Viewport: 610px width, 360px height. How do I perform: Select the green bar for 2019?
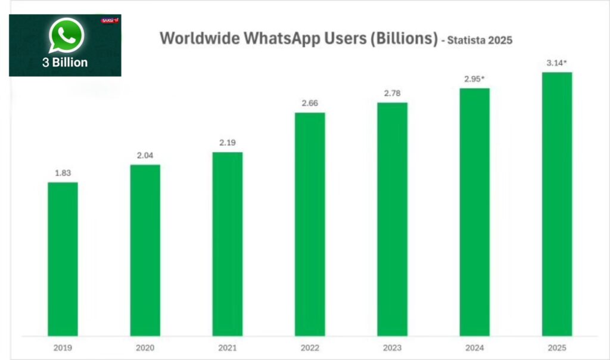coord(63,259)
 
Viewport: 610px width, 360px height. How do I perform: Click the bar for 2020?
coord(145,250)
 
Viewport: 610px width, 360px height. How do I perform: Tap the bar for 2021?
coord(227,244)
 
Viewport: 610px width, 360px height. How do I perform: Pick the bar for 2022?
coord(310,224)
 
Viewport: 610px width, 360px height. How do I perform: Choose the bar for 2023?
coord(392,219)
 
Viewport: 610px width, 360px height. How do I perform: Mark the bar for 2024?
coord(474,212)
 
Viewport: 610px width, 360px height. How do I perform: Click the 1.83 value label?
coord(63,173)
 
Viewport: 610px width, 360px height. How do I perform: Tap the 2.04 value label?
coord(145,155)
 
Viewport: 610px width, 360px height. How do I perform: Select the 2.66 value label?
coord(310,103)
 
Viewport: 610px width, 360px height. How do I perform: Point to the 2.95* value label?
coord(475,79)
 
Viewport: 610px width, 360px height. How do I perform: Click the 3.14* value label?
coord(558,63)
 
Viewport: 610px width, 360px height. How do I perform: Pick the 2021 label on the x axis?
coord(227,347)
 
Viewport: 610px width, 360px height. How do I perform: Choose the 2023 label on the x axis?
coord(392,347)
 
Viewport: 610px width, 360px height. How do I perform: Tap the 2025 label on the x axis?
coord(556,347)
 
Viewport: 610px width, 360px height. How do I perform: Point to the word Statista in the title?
coord(470,41)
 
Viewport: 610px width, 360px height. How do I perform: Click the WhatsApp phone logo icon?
coord(66,35)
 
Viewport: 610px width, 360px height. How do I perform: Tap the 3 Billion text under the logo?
coord(66,62)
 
